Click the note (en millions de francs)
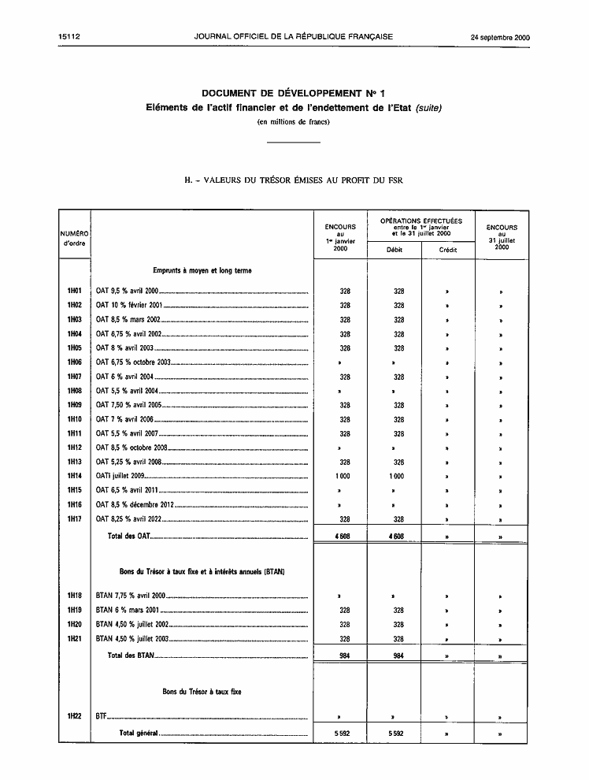coord(293,121)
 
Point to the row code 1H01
coord(75,292)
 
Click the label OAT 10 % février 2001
coord(129,306)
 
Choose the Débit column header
coord(394,250)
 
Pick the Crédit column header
coord(447,250)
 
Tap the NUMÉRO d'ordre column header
coord(75,237)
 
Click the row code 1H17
coord(75,519)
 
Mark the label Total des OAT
coord(128,537)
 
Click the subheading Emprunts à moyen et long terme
coord(202,270)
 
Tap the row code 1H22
coord(75,718)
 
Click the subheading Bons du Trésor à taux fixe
coord(202,692)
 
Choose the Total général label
coord(139,734)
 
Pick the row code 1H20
coord(75,625)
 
